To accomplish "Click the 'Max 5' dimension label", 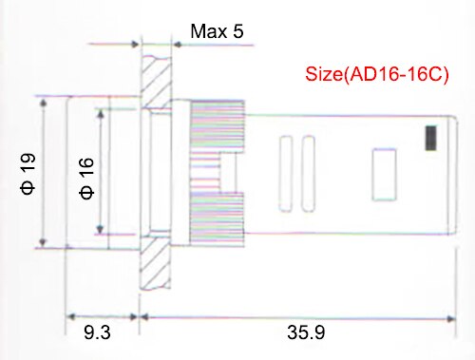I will click(x=218, y=31).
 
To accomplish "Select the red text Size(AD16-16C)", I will click(x=377, y=74).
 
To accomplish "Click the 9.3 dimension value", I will click(x=97, y=332).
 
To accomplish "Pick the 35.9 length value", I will click(x=307, y=332).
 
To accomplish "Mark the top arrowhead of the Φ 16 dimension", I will click(x=100, y=111).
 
